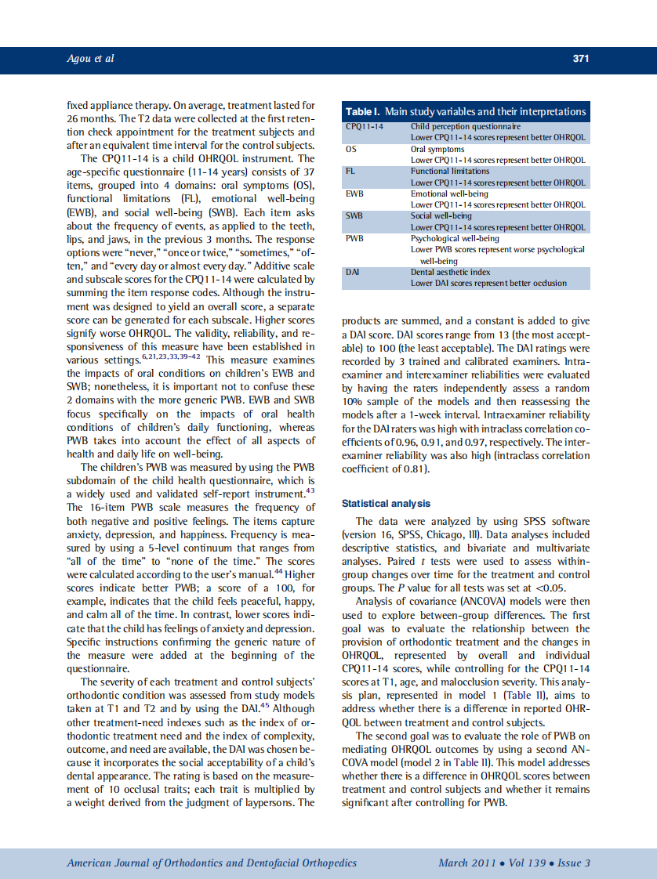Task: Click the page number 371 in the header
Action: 580,59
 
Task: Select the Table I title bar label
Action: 466,111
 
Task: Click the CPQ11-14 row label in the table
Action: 365,126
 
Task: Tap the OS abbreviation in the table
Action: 351,149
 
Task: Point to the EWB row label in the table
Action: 355,194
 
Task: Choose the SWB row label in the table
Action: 356,215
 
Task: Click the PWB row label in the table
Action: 356,238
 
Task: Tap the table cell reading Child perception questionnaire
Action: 465,126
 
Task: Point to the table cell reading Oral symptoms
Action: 437,149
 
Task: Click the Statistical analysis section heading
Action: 386,503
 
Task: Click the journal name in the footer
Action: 212,863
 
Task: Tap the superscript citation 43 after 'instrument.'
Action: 310,491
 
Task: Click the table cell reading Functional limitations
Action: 448,171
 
